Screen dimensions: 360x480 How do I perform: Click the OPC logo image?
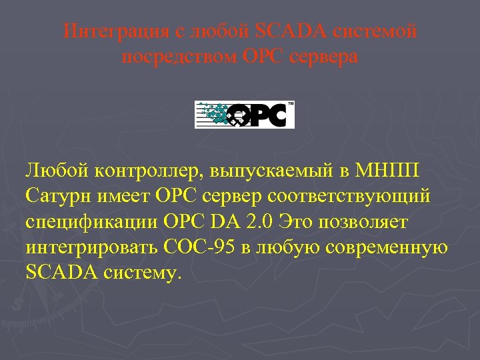[x=244, y=115]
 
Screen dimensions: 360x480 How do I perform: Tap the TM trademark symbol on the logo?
[x=290, y=104]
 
